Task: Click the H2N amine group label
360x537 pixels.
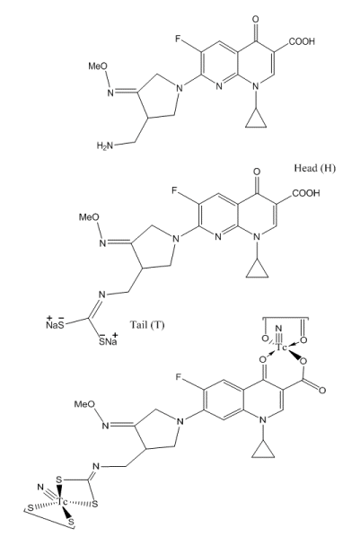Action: tap(104, 146)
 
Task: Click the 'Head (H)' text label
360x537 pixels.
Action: tap(315, 168)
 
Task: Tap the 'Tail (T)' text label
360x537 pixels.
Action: tap(147, 324)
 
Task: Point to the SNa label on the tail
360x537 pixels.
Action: tap(109, 339)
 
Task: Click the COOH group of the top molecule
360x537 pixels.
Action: tap(302, 41)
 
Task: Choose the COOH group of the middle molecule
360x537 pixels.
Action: tap(305, 193)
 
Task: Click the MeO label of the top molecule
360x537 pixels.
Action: tap(98, 66)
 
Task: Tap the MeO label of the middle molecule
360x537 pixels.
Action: tap(89, 217)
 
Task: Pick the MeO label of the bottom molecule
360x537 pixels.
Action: tap(84, 404)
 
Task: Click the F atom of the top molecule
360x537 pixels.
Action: tap(178, 39)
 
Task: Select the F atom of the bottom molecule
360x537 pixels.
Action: tap(179, 377)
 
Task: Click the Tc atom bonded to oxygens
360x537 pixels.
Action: tap(282, 348)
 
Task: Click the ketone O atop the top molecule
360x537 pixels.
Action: tap(256, 19)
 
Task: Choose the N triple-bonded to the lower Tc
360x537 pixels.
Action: tap(40, 487)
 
